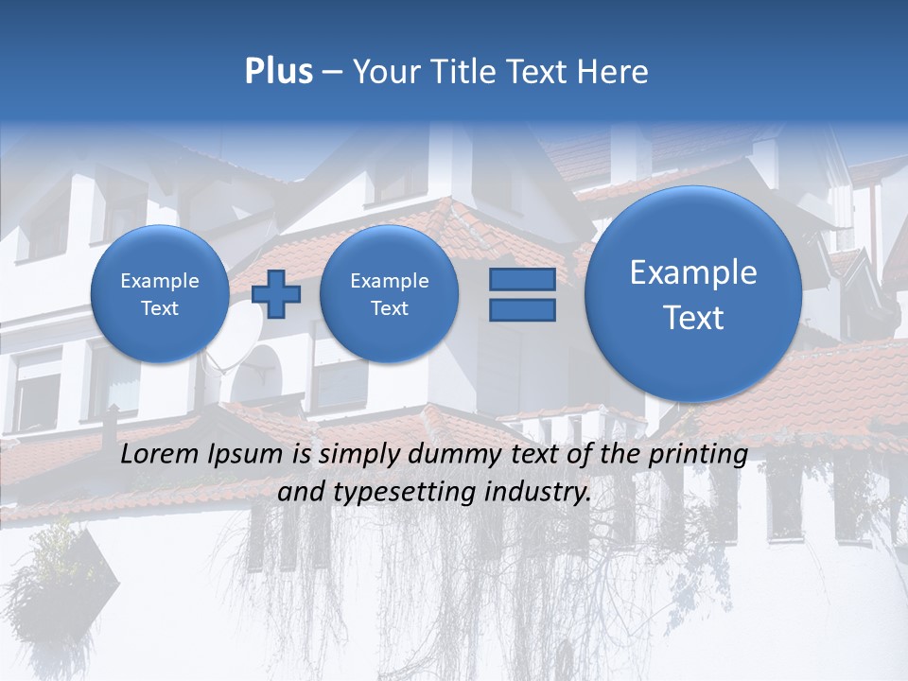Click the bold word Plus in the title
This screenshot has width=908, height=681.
point(278,72)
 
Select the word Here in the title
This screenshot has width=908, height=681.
point(615,72)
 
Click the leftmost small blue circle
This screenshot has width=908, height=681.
point(160,294)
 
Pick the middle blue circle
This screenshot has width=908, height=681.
point(389,294)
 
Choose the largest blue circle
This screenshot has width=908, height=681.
point(693,294)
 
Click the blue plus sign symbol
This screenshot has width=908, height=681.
point(276,294)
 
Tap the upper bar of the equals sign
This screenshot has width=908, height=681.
point(522,279)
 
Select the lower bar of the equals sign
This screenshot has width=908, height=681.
point(522,310)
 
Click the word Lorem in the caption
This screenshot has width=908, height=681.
point(161,454)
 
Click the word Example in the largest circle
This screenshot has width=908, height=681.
point(693,272)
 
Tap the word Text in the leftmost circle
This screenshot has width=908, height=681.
point(160,308)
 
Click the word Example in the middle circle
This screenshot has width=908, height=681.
point(389,281)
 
